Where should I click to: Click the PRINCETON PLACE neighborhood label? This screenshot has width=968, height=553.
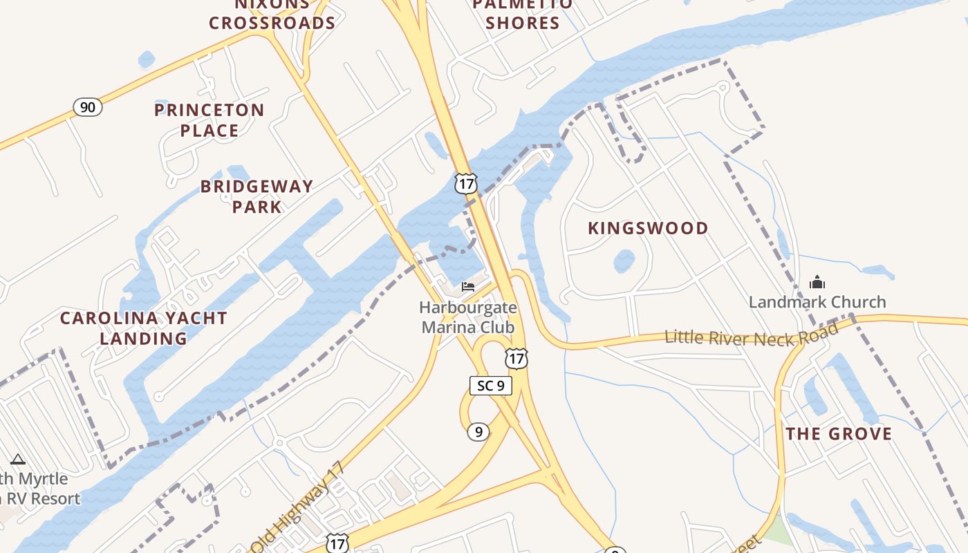coord(209,120)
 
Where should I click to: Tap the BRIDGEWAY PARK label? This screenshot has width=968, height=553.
coord(257,196)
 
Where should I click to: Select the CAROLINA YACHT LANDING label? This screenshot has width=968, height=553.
coord(143,328)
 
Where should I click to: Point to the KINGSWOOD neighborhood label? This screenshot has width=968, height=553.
coord(648,228)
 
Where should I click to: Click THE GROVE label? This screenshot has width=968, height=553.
coord(839,434)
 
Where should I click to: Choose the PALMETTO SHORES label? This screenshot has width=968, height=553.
coord(523,14)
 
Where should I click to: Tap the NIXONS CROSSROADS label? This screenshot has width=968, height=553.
coord(272,14)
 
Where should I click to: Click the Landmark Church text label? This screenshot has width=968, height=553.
coord(817,302)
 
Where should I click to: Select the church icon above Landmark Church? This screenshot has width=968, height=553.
coord(817,282)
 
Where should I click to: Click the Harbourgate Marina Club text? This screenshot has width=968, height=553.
coord(469,317)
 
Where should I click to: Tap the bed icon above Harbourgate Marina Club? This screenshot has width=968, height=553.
coord(468,286)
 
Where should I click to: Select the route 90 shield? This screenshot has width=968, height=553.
coord(88,107)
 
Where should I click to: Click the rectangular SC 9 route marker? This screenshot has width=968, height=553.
coord(491,385)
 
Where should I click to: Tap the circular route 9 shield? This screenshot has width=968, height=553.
coord(478,432)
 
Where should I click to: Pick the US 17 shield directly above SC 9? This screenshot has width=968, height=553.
coord(516,358)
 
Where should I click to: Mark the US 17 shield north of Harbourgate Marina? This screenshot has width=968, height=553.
coord(465,183)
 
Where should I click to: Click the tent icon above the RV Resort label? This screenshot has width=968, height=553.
coord(18,459)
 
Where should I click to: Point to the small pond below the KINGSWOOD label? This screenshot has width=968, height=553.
coord(624,261)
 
